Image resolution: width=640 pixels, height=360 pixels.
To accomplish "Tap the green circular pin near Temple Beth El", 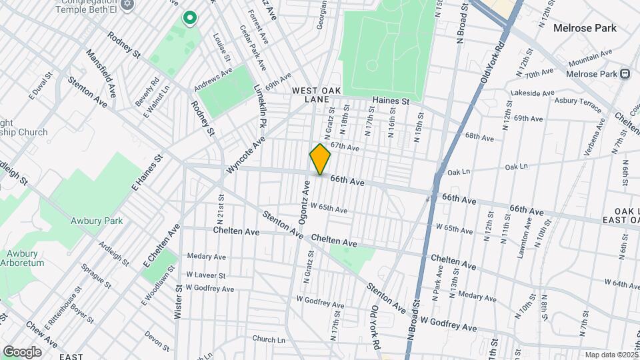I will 190,18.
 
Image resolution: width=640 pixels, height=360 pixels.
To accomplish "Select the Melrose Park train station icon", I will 625,74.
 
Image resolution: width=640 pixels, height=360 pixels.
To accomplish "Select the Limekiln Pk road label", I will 259,107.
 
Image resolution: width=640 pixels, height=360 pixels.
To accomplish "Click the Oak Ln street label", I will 516,167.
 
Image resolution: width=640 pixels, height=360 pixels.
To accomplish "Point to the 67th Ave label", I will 345,146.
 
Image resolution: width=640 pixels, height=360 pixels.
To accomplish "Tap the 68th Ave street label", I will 480,137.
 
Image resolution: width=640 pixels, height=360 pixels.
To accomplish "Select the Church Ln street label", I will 269,339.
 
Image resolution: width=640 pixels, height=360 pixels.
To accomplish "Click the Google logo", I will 22,352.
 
